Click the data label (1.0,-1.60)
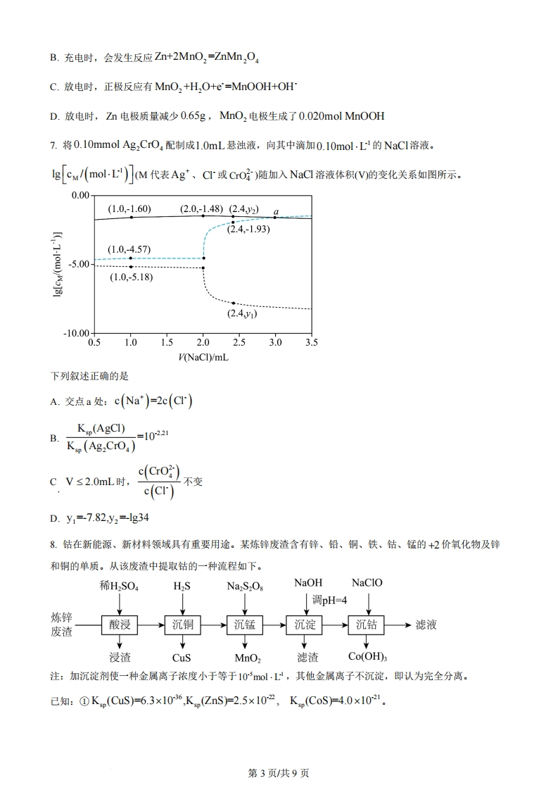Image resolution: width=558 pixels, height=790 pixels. (129, 209)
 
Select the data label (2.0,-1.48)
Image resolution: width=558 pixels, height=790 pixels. (201, 209)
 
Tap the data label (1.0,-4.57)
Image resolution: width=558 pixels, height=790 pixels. (129, 249)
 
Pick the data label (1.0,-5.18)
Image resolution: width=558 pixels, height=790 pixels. (132, 277)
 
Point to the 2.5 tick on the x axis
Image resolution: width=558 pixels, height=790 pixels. (239, 343)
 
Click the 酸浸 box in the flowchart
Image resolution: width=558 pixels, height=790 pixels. (120, 624)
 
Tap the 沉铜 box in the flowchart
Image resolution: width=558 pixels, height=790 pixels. (183, 624)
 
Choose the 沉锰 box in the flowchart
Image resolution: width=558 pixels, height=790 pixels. (244, 624)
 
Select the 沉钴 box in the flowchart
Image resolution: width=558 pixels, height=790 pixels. (367, 624)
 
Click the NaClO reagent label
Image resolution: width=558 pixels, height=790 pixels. (367, 584)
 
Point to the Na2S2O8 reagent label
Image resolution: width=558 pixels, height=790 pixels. (245, 586)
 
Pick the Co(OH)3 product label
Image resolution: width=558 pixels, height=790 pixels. (368, 658)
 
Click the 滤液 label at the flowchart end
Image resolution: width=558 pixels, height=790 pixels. (428, 624)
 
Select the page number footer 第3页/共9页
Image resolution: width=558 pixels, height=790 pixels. (279, 773)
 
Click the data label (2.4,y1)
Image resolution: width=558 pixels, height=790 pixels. (241, 314)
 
